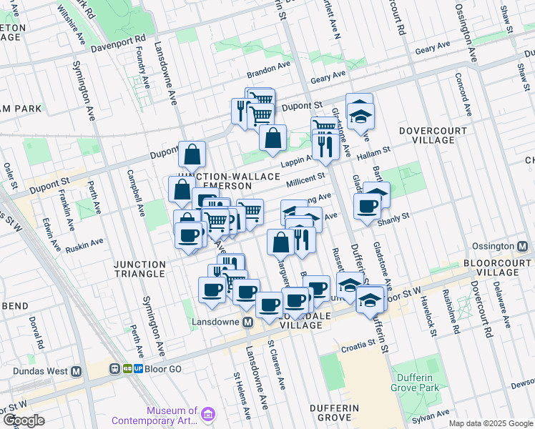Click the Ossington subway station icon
point(523,246)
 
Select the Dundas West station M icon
point(77,371)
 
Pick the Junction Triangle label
point(140,269)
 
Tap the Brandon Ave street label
point(268,74)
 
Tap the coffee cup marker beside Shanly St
point(368,207)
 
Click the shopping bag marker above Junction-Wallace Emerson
point(192,154)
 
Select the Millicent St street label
point(305,179)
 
